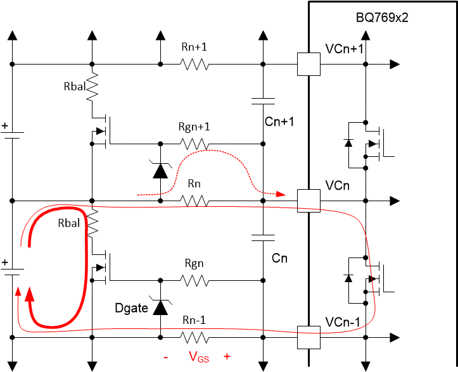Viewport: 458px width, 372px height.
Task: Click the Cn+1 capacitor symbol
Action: tap(263, 101)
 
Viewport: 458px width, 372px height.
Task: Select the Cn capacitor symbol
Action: tap(263, 238)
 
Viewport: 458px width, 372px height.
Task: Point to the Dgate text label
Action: tap(132, 309)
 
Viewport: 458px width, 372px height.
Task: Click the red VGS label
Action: tap(197, 357)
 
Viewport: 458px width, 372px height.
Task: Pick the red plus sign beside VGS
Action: tap(226, 357)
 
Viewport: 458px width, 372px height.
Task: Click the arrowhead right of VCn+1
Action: tap(394, 63)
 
